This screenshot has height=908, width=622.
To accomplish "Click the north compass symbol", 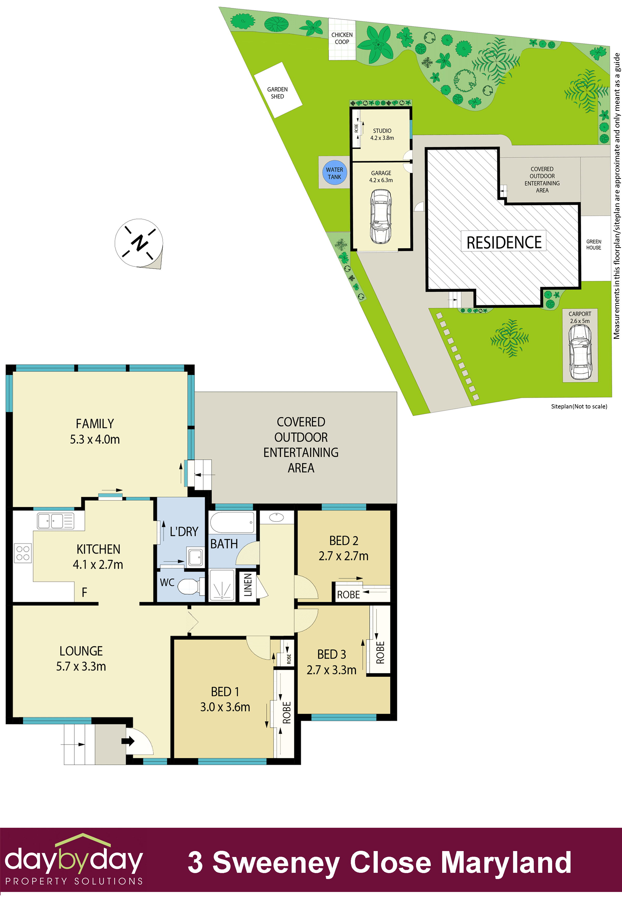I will tap(139, 243).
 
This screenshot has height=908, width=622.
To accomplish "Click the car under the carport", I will tap(580, 352).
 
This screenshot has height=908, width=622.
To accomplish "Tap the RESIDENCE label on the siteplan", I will tap(504, 243).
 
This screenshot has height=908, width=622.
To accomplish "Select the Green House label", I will tap(594, 245).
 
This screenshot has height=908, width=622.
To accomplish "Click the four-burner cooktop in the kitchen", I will tap(23, 553).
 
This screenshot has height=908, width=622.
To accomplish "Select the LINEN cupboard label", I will tap(248, 585).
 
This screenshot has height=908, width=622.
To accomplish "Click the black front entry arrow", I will tap(128, 741).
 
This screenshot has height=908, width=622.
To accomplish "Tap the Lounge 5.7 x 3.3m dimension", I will tap(81, 666).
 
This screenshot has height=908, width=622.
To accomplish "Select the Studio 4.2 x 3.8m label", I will tap(382, 134).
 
